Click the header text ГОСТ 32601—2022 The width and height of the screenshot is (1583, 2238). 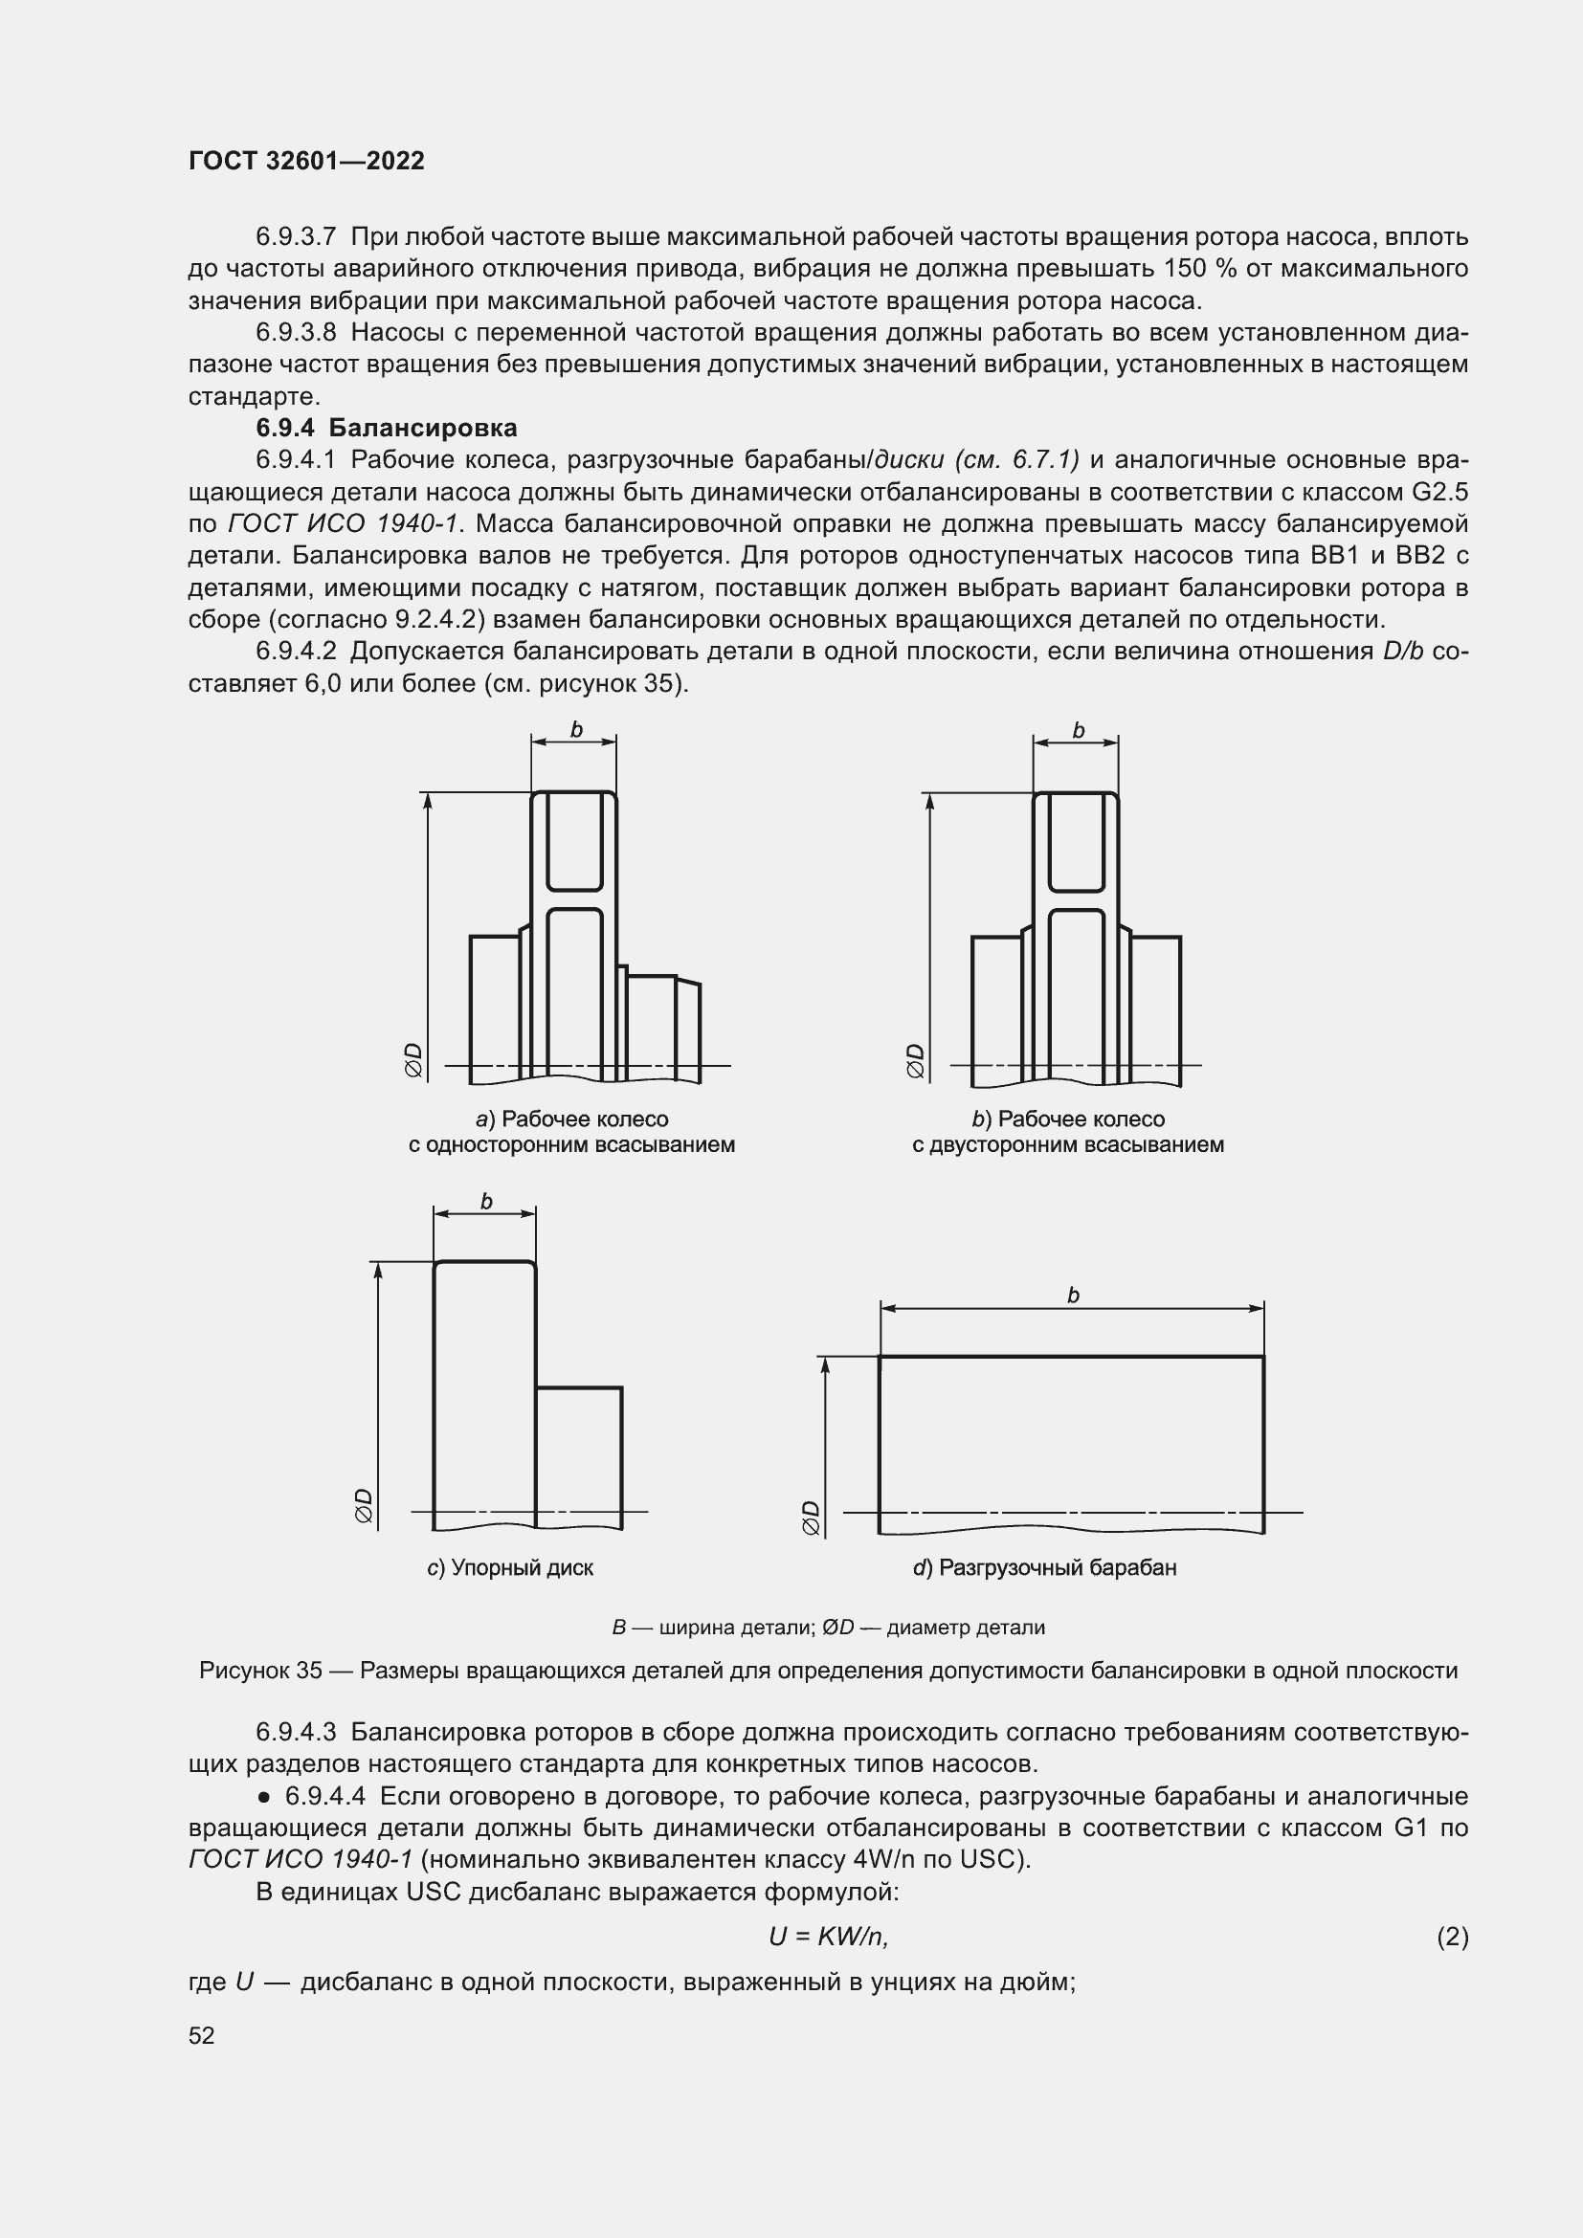[x=306, y=161]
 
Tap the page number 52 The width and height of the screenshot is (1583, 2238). [x=201, y=2035]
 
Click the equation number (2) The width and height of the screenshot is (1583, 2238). [x=1452, y=1936]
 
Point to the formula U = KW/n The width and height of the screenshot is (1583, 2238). [x=828, y=1936]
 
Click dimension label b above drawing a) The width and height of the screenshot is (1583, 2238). [x=575, y=730]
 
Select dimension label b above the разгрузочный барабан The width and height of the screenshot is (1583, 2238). [x=1072, y=1296]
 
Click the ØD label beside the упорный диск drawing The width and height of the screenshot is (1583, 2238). [x=364, y=1505]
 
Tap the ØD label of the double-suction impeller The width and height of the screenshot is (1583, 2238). [x=915, y=1060]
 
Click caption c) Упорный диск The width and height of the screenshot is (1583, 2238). [x=510, y=1567]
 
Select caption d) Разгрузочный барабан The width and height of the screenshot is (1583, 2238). [x=1044, y=1567]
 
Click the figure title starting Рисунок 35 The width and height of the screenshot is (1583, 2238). [x=828, y=1671]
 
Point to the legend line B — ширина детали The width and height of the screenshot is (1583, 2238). [x=828, y=1627]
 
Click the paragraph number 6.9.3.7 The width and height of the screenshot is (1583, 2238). [x=296, y=237]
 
